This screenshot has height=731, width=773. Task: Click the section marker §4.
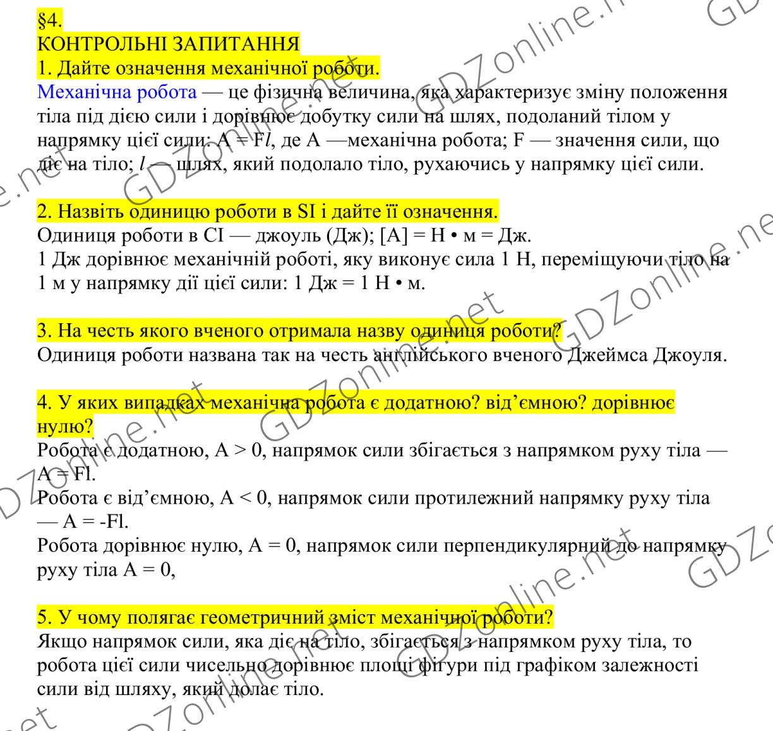49,21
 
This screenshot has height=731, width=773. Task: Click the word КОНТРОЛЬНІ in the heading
94,44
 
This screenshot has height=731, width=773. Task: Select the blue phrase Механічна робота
117,92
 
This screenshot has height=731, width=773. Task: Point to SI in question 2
306,211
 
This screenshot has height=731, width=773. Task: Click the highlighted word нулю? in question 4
65,427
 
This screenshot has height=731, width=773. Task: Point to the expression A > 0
233,451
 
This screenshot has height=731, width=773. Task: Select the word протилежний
475,499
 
